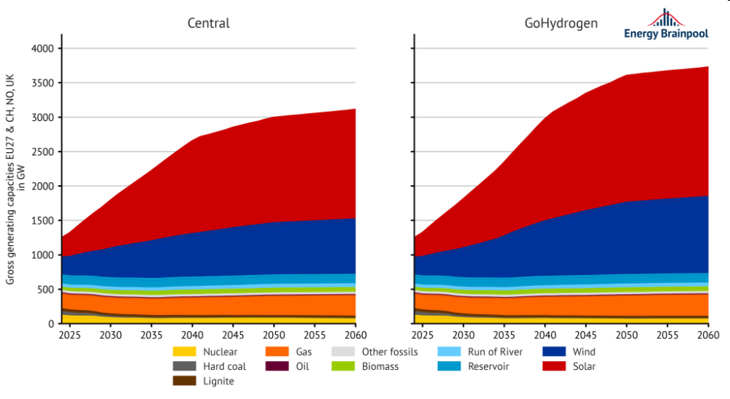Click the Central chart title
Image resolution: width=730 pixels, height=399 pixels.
(x=209, y=23)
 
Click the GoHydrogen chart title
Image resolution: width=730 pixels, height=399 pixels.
(x=561, y=23)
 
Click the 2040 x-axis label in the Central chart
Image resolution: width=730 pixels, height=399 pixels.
(x=192, y=335)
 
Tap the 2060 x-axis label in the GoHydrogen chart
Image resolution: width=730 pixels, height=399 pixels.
(x=708, y=335)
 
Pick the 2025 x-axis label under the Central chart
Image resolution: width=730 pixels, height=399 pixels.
(x=70, y=335)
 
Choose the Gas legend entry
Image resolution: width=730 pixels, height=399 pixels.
(x=291, y=352)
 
